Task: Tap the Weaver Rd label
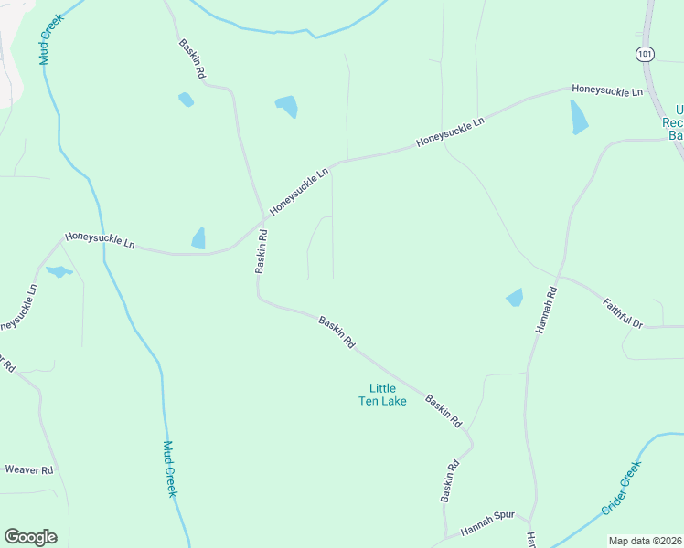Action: tap(29, 469)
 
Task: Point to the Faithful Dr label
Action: tap(624, 311)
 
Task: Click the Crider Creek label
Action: tap(622, 488)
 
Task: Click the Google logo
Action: tap(30, 536)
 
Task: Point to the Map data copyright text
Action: tap(646, 540)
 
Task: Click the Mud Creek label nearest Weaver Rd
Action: tap(169, 469)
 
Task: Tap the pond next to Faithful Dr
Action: tap(515, 297)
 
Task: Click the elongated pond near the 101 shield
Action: tap(579, 117)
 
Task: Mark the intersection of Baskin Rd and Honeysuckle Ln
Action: tap(266, 218)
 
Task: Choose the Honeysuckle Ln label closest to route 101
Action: tap(607, 90)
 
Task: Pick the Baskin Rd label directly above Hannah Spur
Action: tap(449, 479)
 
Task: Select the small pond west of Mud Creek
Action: tap(59, 271)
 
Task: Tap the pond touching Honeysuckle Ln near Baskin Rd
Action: tap(198, 238)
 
